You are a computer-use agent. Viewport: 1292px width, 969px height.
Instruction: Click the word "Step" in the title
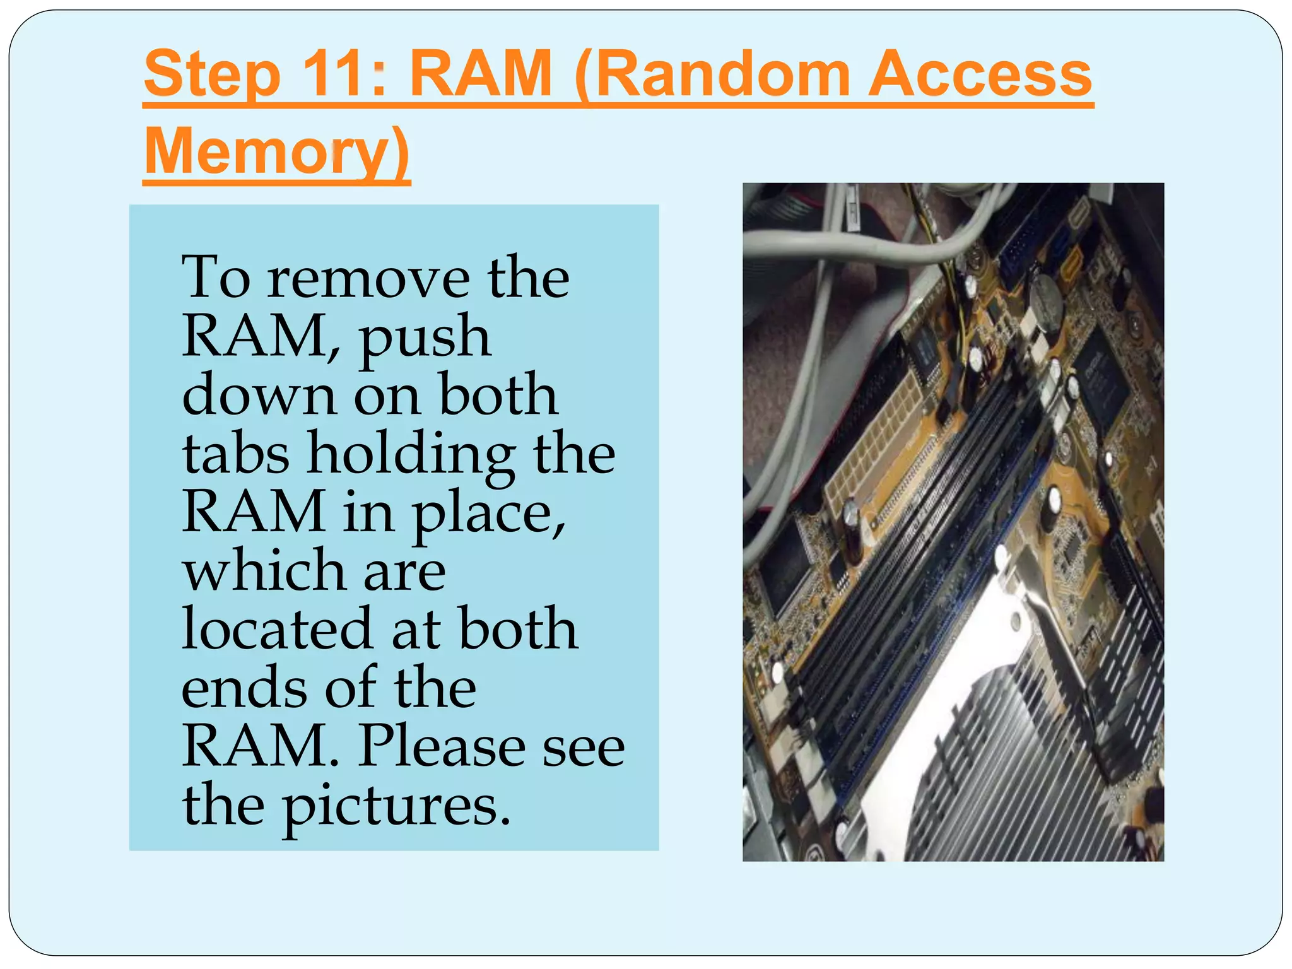212,76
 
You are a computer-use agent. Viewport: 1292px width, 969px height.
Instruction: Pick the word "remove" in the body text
368,278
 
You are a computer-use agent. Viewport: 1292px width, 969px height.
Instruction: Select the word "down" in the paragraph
259,394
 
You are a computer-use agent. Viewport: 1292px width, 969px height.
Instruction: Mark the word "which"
264,570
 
